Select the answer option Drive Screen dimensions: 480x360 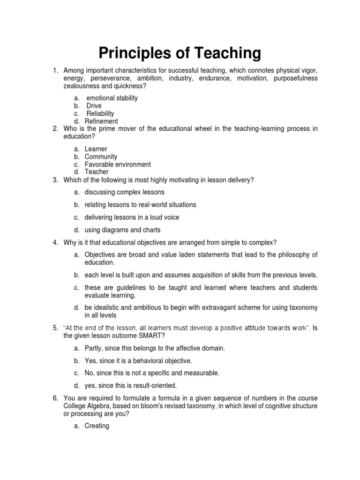(x=94, y=106)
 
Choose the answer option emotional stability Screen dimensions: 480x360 (x=112, y=98)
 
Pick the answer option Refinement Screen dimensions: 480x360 (x=101, y=121)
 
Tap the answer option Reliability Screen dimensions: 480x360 (x=100, y=113)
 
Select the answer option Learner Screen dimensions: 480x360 (x=96, y=149)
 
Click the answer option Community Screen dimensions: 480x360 (x=101, y=157)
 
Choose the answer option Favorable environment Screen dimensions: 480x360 (x=118, y=165)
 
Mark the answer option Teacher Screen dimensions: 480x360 (x=97, y=172)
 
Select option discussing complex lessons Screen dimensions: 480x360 (x=124, y=192)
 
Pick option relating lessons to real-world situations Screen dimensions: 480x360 (x=140, y=205)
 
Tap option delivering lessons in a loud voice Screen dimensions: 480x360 (x=132, y=217)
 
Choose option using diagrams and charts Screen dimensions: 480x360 (x=122, y=230)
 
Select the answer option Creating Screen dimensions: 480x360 (x=97, y=426)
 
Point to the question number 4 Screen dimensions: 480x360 (x=55, y=242)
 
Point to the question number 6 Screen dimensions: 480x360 (x=55, y=398)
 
